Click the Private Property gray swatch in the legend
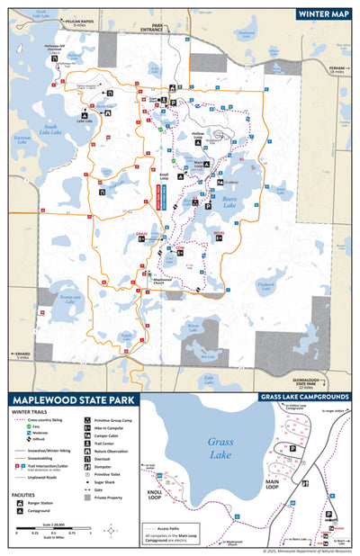87,497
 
